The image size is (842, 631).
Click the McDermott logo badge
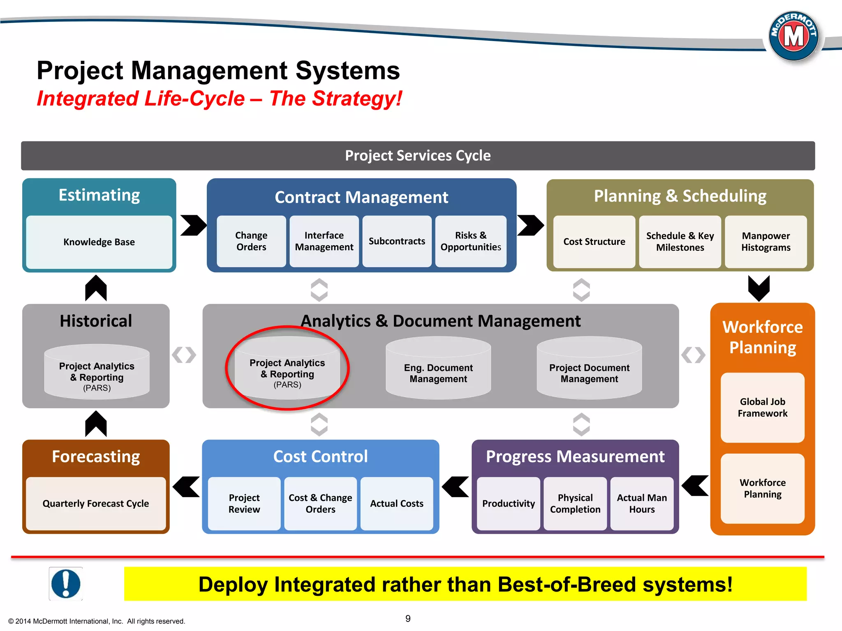pos(793,36)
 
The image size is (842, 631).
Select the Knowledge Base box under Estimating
pos(99,242)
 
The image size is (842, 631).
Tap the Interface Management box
pos(324,241)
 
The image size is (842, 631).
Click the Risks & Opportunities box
pos(471,241)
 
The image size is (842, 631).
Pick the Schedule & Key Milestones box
pos(680,242)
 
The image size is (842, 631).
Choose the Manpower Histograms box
pos(766,242)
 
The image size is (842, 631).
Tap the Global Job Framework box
pos(762,408)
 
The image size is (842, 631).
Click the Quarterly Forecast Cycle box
pos(96,503)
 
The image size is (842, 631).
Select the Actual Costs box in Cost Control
pos(397,503)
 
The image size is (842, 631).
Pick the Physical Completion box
pos(575,503)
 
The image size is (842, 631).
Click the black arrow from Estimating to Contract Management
pos(193,225)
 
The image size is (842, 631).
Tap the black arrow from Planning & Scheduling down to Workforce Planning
pos(759,288)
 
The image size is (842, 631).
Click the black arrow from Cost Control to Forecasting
pos(187,487)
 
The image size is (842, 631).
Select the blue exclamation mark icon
pos(66,584)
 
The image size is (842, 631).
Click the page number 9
pos(408,619)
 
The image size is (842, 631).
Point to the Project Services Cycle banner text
pos(418,156)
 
